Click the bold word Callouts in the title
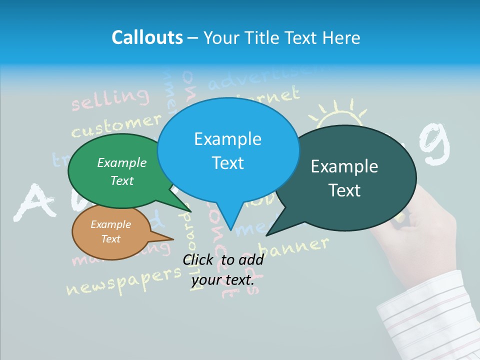pyautogui.click(x=147, y=37)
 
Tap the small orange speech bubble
pyautogui.click(x=110, y=232)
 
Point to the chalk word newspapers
pyautogui.click(x=122, y=282)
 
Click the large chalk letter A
pyautogui.click(x=33, y=202)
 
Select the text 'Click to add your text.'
pyautogui.click(x=222, y=270)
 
